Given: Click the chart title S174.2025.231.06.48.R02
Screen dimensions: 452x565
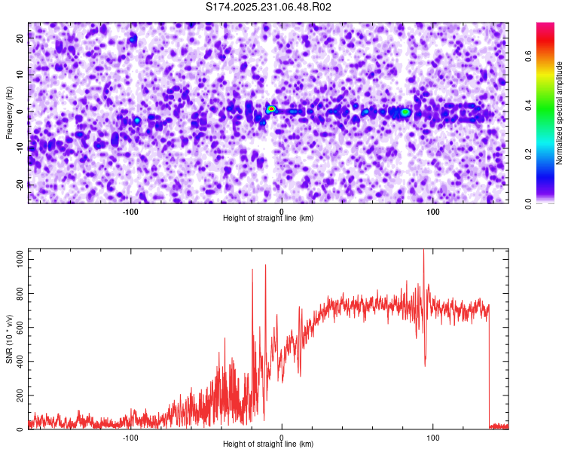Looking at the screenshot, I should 269,8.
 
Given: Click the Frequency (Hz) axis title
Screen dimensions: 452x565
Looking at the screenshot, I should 9,112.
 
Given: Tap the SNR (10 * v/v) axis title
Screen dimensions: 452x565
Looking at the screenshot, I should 9,338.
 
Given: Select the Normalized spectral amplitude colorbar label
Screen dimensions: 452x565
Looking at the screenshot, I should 560,112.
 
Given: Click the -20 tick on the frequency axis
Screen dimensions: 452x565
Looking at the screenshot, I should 19,185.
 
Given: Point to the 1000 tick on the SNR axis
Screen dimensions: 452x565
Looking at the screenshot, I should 16,259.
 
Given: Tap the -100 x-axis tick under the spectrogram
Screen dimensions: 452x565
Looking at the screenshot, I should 130,212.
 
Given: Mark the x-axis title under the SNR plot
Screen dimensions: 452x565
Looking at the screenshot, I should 268,445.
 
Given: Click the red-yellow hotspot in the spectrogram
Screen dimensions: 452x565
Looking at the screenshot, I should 271,109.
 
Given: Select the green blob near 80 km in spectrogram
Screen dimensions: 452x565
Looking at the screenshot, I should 405,112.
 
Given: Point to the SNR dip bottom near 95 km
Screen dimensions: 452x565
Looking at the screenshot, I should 425,365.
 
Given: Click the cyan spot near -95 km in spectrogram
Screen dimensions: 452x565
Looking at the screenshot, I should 137,120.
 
